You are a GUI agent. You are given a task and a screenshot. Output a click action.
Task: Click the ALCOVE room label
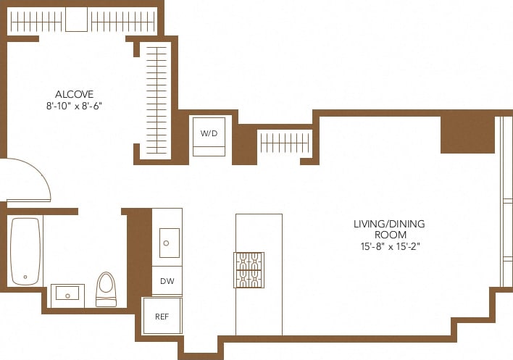[75, 94]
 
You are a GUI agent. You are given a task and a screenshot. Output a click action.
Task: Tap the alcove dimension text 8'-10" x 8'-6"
[75, 105]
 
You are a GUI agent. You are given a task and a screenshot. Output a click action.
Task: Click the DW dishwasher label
[167, 280]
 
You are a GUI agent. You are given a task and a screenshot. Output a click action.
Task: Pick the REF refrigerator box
[162, 316]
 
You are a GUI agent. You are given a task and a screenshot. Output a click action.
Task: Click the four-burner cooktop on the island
[249, 269]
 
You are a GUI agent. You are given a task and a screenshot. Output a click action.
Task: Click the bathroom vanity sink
[67, 295]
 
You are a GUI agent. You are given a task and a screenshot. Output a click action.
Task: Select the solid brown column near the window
[467, 134]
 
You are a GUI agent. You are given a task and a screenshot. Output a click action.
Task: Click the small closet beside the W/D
[285, 143]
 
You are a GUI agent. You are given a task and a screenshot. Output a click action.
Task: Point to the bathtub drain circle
[25, 276]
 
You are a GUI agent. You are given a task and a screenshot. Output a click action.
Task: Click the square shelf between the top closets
[76, 20]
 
